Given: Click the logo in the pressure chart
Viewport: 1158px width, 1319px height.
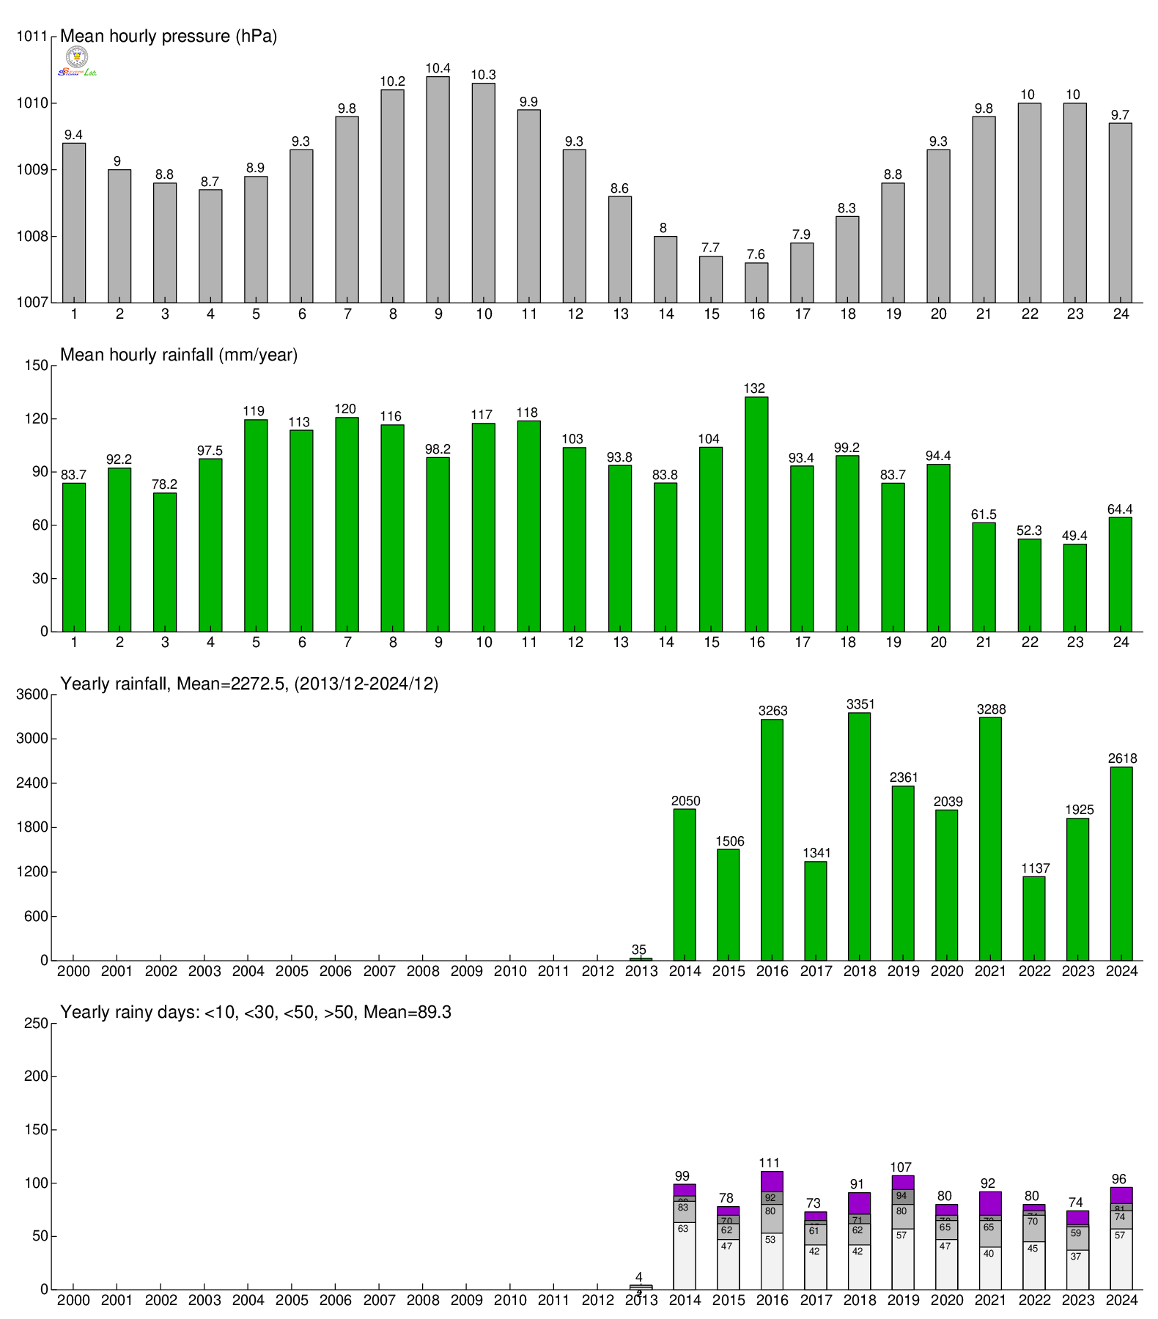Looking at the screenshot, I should click(x=77, y=61).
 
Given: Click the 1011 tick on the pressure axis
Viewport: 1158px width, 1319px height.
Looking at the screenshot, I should click(x=32, y=37).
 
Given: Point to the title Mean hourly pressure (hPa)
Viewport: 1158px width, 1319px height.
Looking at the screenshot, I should click(x=169, y=36).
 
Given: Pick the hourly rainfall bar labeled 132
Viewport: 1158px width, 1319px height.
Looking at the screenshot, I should click(x=756, y=514).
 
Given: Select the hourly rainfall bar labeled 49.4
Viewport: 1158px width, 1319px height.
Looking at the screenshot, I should click(x=1074, y=587).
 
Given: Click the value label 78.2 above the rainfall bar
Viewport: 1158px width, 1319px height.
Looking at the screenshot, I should click(x=164, y=484).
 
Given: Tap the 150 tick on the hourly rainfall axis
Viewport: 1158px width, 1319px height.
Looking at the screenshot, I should click(x=39, y=366).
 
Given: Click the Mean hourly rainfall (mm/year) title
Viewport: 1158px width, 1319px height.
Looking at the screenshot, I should click(x=179, y=355).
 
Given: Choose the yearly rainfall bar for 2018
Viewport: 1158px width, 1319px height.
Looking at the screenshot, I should click(x=859, y=836).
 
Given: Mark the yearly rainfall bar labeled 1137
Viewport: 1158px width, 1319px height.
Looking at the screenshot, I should click(x=1033, y=918).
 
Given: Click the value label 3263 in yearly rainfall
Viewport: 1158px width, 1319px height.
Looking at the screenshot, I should click(x=772, y=711).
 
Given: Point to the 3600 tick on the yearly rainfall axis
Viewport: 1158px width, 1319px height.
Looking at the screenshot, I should click(x=32, y=695).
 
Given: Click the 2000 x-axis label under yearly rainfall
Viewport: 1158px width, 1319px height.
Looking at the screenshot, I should click(x=73, y=972).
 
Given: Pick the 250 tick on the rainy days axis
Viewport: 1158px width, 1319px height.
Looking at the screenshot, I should click(x=39, y=1024).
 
